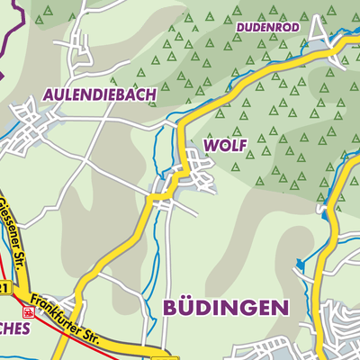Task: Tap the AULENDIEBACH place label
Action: [x=100, y=94]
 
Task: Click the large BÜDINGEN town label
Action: [x=227, y=307]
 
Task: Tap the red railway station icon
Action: [x=30, y=312]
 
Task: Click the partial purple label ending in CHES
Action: [x=15, y=328]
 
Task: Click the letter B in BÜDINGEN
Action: [x=171, y=307]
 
